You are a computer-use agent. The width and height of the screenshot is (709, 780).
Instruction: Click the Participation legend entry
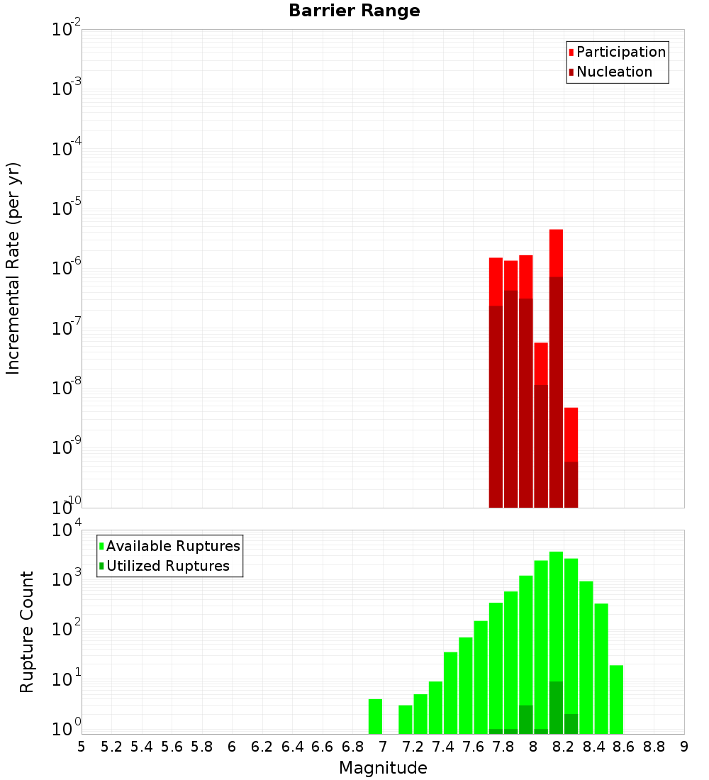tap(620, 52)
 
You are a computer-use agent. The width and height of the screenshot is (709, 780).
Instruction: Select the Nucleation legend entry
tap(613, 72)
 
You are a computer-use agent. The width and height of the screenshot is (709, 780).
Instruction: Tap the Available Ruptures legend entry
tap(172, 547)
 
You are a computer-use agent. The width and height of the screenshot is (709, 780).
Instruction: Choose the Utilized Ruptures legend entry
tap(167, 567)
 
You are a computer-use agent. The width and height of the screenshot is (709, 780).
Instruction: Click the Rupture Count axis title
tap(27, 632)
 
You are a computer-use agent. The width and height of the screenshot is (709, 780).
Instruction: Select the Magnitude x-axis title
tap(383, 768)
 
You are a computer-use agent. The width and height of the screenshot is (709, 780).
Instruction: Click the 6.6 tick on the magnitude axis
tap(323, 747)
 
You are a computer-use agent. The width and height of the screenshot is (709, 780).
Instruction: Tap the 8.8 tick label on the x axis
tap(654, 747)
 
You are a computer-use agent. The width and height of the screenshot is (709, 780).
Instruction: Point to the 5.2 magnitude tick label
tap(111, 747)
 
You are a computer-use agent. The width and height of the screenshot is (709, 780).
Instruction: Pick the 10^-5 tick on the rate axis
tap(67, 208)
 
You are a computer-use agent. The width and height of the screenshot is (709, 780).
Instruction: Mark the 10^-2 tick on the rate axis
tap(67, 30)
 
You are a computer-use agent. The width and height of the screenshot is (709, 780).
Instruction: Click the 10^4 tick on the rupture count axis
tap(67, 530)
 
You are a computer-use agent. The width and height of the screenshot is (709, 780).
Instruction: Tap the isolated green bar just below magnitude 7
tap(375, 716)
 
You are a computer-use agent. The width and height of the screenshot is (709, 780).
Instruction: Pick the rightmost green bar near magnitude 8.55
tap(616, 699)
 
